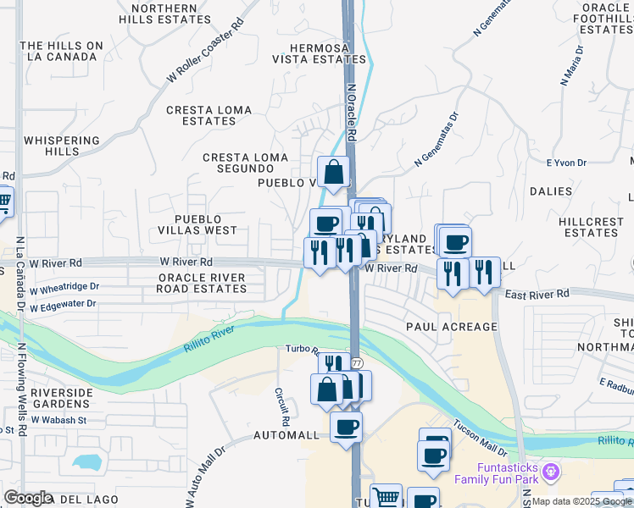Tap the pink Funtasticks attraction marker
[551, 469]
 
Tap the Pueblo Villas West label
[197, 224]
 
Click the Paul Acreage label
[451, 327]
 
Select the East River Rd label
[537, 294]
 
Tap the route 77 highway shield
[358, 362]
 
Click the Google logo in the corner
[27, 498]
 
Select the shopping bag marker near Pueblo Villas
[334, 172]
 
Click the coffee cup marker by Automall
[345, 426]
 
